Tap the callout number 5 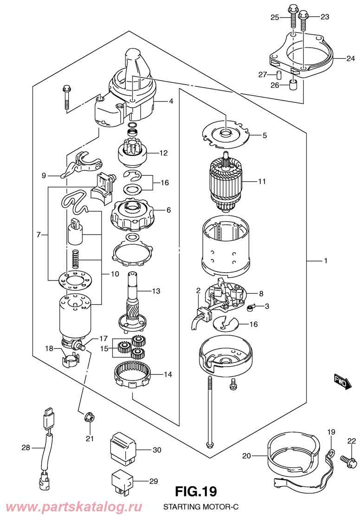264,135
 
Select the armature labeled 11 225,182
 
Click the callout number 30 157,450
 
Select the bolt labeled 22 348,458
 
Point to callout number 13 156,291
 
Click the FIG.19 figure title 196,491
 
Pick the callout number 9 44,176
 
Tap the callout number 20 246,456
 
